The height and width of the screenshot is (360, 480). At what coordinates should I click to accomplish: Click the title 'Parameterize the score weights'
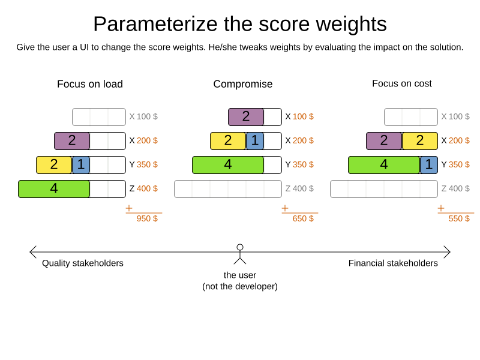tap(240, 24)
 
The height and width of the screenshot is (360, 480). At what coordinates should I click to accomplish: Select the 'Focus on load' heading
tap(90, 84)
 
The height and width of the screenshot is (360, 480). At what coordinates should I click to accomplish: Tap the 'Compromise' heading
tap(243, 84)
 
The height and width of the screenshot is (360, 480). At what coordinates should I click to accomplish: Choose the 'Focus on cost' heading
tap(402, 83)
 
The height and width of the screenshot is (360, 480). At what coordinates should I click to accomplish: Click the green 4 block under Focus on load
tap(54, 189)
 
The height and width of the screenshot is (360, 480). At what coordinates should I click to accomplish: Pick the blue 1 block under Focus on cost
tap(428, 165)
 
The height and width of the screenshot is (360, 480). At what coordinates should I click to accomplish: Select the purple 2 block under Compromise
tap(246, 117)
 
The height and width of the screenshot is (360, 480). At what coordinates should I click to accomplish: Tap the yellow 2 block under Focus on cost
tap(419, 141)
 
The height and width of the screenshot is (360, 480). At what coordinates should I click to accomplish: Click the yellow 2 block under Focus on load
tap(54, 165)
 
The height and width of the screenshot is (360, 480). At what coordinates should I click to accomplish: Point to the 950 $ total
tap(147, 218)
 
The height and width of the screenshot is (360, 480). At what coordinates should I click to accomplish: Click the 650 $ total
tap(303, 218)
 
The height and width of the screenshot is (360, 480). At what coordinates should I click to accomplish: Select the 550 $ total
tap(459, 218)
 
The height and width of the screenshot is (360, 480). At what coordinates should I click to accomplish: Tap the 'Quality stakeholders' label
tap(83, 263)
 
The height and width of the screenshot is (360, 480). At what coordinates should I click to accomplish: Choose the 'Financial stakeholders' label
tap(393, 263)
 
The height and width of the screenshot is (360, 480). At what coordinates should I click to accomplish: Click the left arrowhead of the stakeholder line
tap(32, 252)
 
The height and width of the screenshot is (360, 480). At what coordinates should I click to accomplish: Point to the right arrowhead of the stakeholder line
tap(448, 252)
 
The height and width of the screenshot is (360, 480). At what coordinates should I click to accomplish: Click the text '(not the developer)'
tap(240, 286)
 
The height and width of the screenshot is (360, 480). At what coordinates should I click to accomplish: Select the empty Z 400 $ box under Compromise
tap(228, 189)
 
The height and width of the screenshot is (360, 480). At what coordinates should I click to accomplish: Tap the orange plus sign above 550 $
tap(441, 208)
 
